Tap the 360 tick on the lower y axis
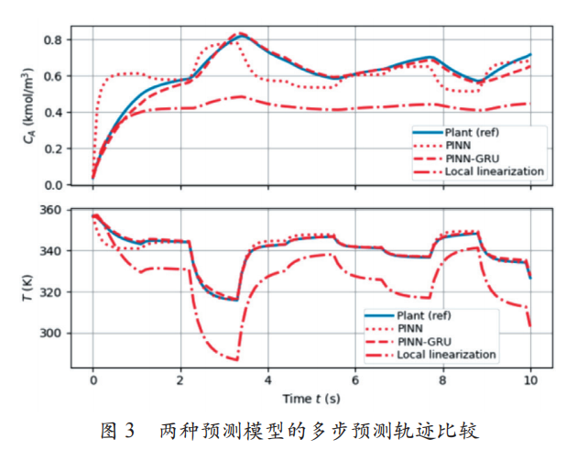click(49, 211)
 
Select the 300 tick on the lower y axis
click(49, 334)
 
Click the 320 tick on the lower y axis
click(49, 292)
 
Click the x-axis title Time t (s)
click(311, 399)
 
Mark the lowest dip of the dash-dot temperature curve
click(235, 360)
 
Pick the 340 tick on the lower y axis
click(49, 251)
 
